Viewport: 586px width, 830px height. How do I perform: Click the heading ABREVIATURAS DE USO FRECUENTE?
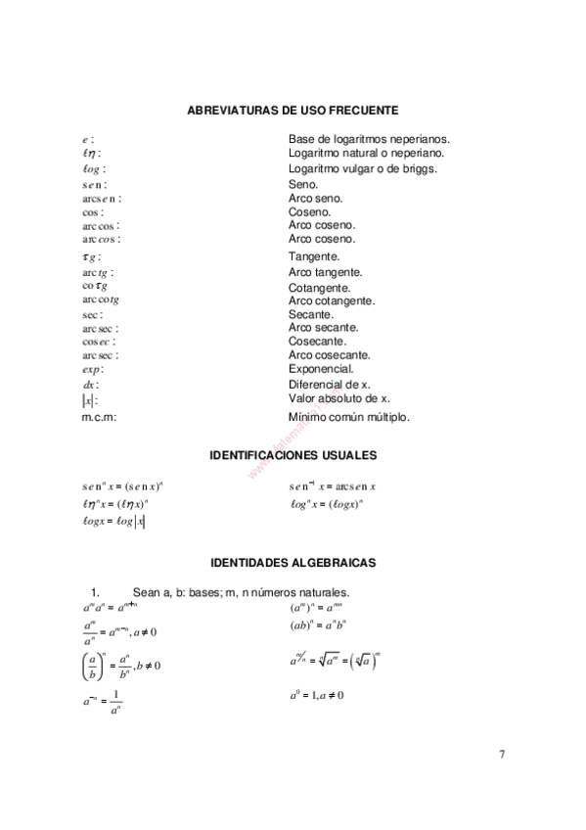292,111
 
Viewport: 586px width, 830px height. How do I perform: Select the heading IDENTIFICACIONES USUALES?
293,456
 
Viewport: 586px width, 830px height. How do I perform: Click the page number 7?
502,754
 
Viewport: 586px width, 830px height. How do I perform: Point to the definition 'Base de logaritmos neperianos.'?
369,139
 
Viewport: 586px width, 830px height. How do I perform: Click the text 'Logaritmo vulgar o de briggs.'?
362,168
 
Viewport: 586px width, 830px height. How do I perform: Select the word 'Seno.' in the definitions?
303,184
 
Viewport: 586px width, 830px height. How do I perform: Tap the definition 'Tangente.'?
314,256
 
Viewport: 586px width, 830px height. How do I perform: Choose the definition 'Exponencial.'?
321,369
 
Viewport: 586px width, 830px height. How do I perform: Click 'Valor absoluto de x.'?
338,398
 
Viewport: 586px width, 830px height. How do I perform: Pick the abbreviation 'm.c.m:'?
99,417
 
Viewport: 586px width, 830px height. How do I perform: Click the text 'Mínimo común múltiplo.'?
349,417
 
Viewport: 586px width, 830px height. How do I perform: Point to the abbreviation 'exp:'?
93,370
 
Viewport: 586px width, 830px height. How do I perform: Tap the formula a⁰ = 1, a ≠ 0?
316,696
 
